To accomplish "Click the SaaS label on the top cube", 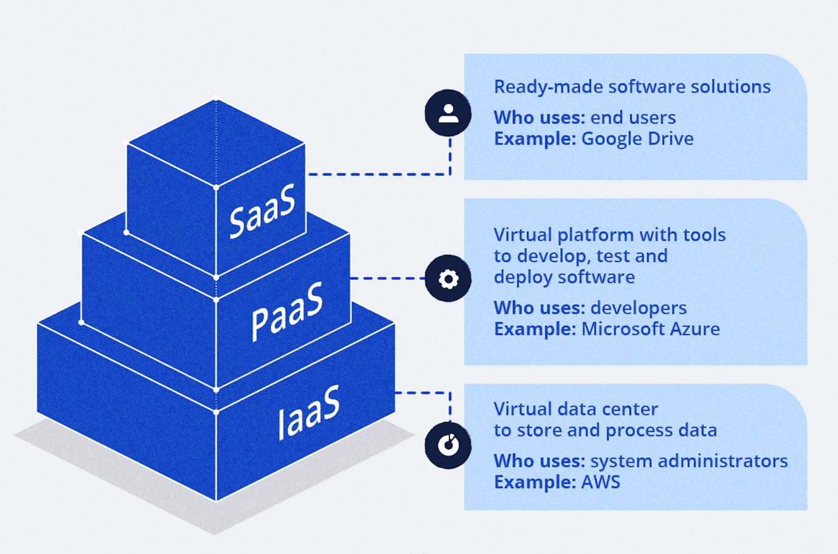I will (262, 210).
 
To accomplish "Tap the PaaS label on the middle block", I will (286, 311).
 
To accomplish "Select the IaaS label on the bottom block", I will (308, 412).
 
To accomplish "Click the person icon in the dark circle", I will (448, 113).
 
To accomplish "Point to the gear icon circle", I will (448, 279).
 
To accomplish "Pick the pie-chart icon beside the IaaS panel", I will (448, 445).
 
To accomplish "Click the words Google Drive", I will (637, 139).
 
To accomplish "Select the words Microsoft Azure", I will (650, 329).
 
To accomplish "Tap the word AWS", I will (601, 482).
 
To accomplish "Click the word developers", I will (639, 308).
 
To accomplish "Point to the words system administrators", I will (689, 461).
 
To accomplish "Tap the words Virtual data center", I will (575, 409).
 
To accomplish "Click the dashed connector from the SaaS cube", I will (377, 175).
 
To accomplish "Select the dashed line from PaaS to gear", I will (387, 279).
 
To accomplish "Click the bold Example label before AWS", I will (535, 482).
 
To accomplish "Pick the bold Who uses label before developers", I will (539, 308).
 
